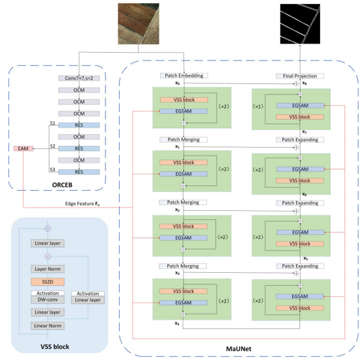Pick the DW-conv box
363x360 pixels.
tap(47, 300)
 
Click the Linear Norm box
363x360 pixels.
tap(47, 325)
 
